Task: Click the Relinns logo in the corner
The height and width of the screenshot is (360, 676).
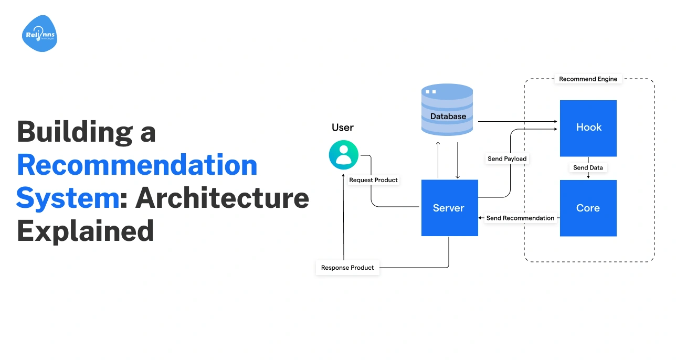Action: click(x=40, y=35)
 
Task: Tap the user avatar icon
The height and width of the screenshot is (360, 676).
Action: click(x=343, y=155)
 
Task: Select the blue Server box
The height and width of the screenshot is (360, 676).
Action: click(x=449, y=208)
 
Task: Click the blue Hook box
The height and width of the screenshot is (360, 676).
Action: click(x=588, y=128)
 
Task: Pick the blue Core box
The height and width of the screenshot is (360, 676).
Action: click(x=588, y=208)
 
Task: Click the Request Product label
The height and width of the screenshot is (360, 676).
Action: click(x=373, y=180)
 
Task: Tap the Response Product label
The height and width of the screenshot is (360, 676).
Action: click(x=347, y=268)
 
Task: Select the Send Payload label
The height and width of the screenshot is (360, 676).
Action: click(x=506, y=158)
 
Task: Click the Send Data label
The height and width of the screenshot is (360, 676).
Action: click(x=588, y=168)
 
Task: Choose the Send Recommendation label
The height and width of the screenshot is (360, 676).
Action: click(x=520, y=218)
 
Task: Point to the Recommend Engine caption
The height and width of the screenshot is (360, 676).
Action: click(x=588, y=79)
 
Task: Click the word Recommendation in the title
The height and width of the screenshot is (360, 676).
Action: click(x=138, y=165)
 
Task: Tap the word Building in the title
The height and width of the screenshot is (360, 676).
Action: click(x=74, y=132)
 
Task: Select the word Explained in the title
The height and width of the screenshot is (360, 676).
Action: click(x=85, y=231)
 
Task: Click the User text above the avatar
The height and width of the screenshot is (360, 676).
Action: click(x=343, y=128)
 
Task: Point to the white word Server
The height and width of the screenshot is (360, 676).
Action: click(x=448, y=208)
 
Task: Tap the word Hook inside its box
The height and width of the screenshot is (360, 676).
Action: click(x=588, y=128)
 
